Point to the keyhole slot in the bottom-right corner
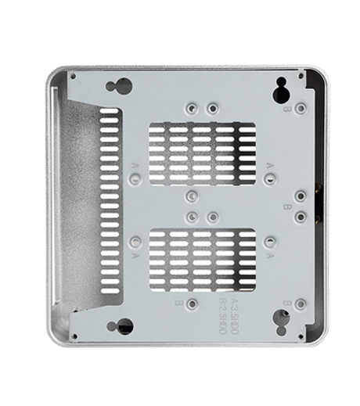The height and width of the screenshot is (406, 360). pyautogui.click(x=282, y=319)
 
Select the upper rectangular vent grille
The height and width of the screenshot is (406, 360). pyautogui.click(x=202, y=153)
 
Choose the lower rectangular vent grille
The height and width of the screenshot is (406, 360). pyautogui.click(x=202, y=260)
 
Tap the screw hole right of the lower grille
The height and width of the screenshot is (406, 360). pyautogui.click(x=269, y=243)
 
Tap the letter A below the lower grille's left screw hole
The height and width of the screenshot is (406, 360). pyautogui.click(x=136, y=256)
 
